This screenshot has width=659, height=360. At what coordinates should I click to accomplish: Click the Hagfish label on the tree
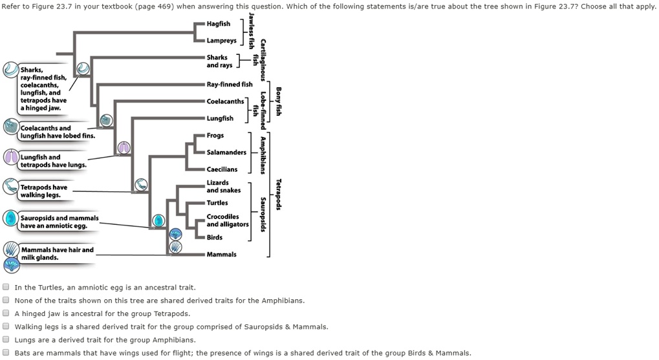coord(218,24)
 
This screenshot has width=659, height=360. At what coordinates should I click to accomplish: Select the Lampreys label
coord(221,41)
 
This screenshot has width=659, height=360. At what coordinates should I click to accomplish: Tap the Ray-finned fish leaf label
coord(230,84)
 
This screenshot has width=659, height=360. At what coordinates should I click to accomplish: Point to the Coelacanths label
coord(225,101)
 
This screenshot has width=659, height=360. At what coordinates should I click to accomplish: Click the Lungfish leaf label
coord(220,118)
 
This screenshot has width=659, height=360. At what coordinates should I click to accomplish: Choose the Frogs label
coord(215,136)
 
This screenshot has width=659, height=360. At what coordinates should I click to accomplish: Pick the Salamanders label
coord(226,153)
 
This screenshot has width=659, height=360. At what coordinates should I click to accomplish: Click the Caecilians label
coord(222,169)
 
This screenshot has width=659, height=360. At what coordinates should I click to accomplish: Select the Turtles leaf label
coord(217,203)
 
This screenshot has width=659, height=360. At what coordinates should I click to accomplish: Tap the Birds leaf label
coord(214,237)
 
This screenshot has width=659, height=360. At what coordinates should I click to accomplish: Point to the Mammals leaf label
coord(221,254)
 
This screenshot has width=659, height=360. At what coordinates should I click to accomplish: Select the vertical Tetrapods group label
coord(278,194)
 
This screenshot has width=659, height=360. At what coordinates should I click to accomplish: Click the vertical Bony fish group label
coord(278,101)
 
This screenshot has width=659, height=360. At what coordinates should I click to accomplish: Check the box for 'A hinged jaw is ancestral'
coord(6,313)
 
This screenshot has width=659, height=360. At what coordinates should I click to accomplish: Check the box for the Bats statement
coord(6,353)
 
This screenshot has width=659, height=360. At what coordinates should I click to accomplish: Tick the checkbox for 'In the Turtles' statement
coord(6,287)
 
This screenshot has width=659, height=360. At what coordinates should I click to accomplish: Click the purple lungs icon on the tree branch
coord(124,148)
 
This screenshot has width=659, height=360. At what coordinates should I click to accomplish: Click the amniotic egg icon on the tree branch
coord(158,221)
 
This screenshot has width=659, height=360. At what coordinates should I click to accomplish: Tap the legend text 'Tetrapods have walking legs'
coord(43,191)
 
